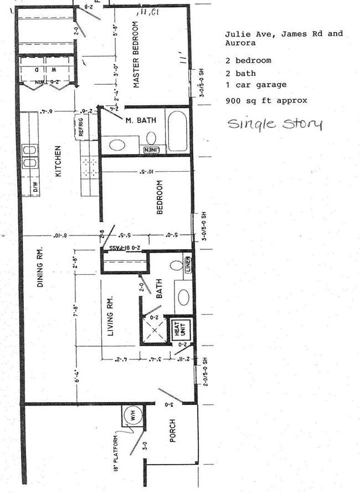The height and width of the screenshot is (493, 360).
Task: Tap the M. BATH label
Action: tap(141, 120)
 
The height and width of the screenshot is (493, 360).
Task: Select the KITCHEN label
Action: tap(58, 161)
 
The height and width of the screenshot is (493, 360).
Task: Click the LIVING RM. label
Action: tap(110, 316)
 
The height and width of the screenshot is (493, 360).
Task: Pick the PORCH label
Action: tap(172, 430)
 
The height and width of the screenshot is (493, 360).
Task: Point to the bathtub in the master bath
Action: tap(177, 131)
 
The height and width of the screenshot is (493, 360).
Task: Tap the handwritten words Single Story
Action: tap(274, 123)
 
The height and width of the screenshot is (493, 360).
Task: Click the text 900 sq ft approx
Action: tap(266, 101)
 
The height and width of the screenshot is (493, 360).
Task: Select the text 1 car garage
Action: tap(256, 85)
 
